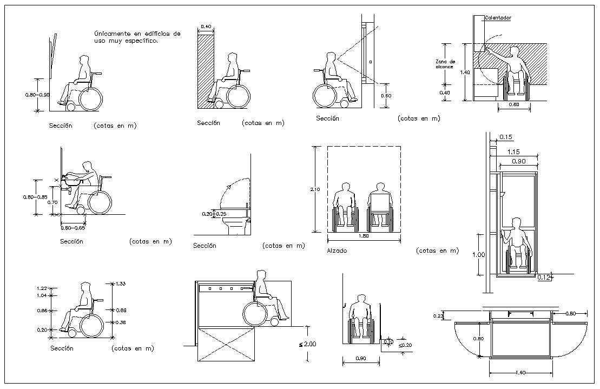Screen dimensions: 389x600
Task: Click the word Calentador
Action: [x=498, y=18]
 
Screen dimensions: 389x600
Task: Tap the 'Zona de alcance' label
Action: [x=445, y=64]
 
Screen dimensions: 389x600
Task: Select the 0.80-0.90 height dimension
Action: [x=37, y=95]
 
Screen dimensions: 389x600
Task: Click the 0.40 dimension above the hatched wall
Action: [x=206, y=27]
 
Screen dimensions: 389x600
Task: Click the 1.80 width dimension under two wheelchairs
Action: [x=363, y=236]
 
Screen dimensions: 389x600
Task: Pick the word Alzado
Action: [x=337, y=251]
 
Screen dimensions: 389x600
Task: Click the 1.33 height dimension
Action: [x=121, y=283]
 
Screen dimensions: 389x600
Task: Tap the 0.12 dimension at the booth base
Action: [x=544, y=278]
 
